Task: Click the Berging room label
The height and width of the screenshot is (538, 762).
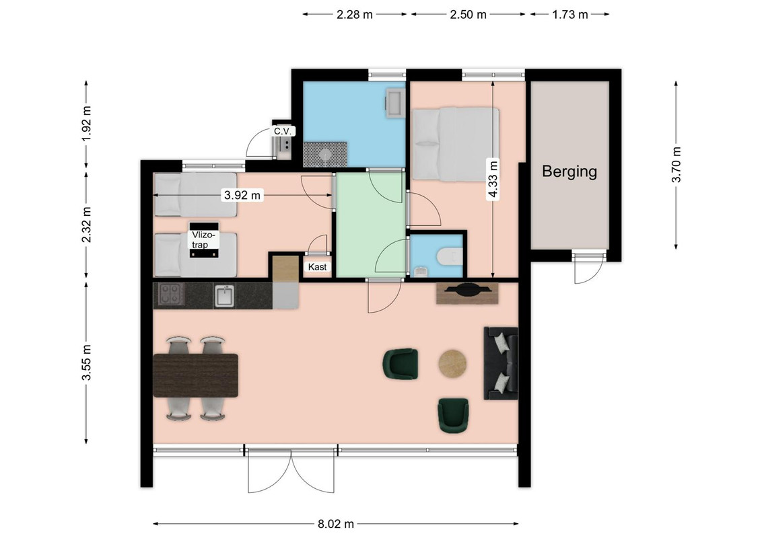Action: click(x=569, y=171)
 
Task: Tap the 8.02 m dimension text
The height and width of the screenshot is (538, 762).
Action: click(x=336, y=524)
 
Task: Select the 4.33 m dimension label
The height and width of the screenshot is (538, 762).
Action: click(x=493, y=180)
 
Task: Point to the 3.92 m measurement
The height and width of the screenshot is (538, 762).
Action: click(x=242, y=195)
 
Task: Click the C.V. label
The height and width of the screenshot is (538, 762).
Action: click(x=282, y=131)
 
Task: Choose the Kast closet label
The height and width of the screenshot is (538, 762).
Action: click(x=317, y=266)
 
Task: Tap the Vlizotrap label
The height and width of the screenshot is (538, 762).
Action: click(x=202, y=240)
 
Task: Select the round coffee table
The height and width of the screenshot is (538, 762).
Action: click(x=452, y=364)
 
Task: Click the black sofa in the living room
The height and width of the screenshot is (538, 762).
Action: click(x=501, y=363)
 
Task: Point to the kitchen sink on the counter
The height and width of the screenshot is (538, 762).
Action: click(x=224, y=296)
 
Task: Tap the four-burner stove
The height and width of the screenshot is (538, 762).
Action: click(x=170, y=295)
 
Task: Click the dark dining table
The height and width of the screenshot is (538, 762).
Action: click(x=195, y=375)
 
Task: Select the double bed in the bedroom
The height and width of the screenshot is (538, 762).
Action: click(x=455, y=144)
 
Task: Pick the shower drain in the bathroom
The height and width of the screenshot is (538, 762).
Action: click(x=324, y=155)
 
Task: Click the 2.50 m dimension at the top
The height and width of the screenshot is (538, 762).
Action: click(x=468, y=15)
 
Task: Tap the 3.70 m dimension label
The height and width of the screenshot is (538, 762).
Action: click(x=676, y=165)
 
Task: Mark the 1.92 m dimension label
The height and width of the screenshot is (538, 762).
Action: click(x=86, y=123)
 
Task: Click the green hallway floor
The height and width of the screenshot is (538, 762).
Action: click(x=371, y=225)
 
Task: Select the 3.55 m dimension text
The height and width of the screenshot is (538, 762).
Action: click(x=86, y=363)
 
